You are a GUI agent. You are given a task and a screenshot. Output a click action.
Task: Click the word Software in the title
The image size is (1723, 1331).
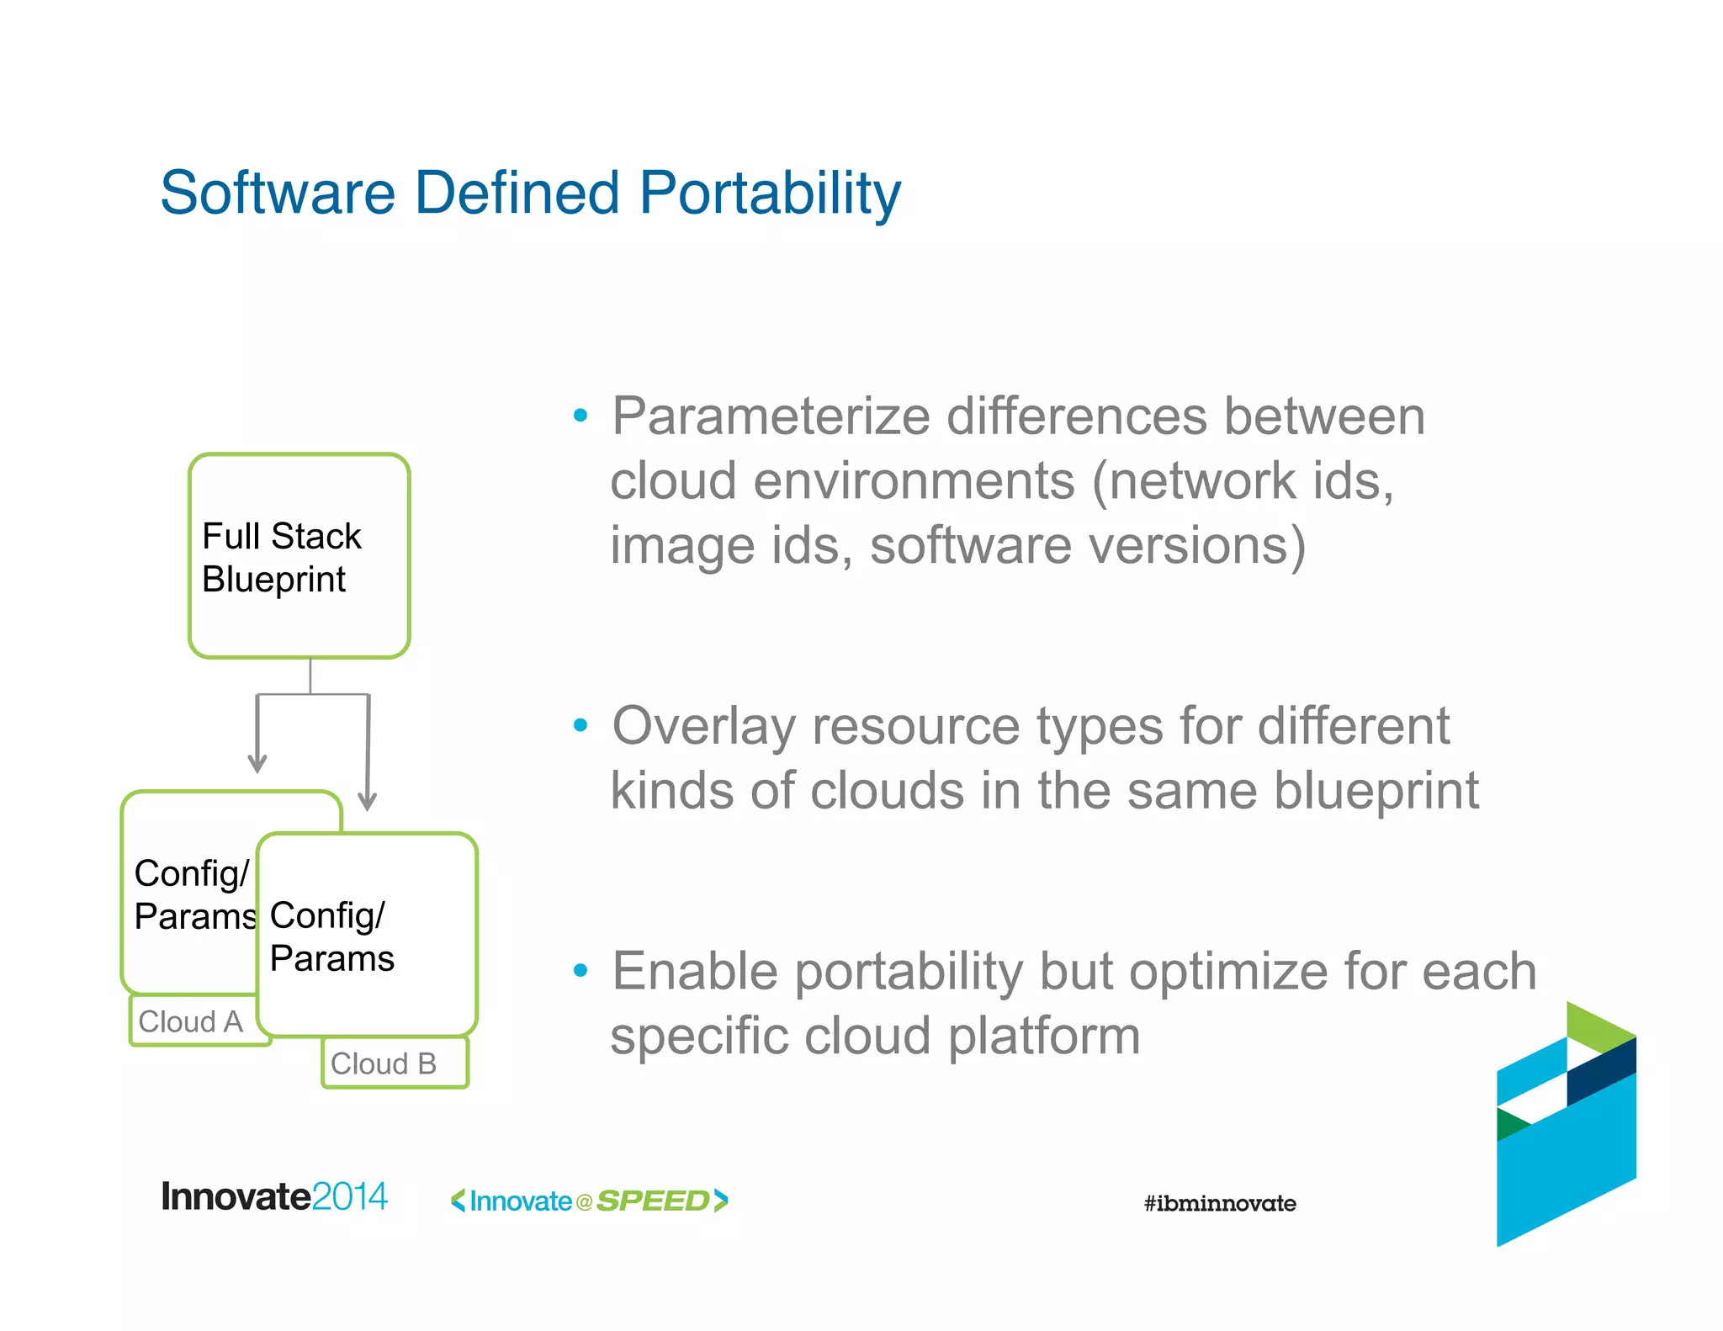click(277, 194)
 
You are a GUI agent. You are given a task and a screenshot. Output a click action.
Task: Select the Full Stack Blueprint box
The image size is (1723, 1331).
click(299, 556)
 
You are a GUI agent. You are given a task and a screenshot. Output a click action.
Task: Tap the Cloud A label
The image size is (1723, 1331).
click(191, 1021)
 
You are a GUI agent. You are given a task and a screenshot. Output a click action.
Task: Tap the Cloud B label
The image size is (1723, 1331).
click(384, 1063)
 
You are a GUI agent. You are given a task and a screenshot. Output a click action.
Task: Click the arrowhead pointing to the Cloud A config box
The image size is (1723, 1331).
click(257, 764)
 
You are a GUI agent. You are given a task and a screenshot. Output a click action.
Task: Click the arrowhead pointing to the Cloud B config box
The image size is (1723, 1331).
click(367, 801)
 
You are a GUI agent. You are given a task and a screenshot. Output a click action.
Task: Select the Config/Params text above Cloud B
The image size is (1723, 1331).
click(331, 936)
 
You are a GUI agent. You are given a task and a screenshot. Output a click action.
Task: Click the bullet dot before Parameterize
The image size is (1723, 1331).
click(580, 416)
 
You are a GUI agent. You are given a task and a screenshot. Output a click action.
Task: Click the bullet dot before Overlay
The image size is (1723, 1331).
click(580, 725)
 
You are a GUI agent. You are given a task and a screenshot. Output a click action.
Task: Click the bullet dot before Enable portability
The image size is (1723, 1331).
click(580, 971)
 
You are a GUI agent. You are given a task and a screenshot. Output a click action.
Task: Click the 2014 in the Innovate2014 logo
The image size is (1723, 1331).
click(349, 1196)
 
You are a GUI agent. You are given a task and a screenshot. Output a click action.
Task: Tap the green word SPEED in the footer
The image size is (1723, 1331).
click(653, 1201)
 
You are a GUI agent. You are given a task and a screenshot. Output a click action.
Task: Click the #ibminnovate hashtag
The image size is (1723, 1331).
click(1219, 1203)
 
